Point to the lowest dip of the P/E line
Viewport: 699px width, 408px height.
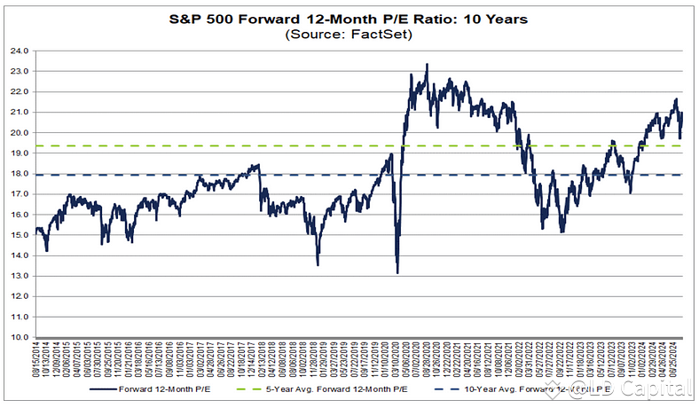397,272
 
